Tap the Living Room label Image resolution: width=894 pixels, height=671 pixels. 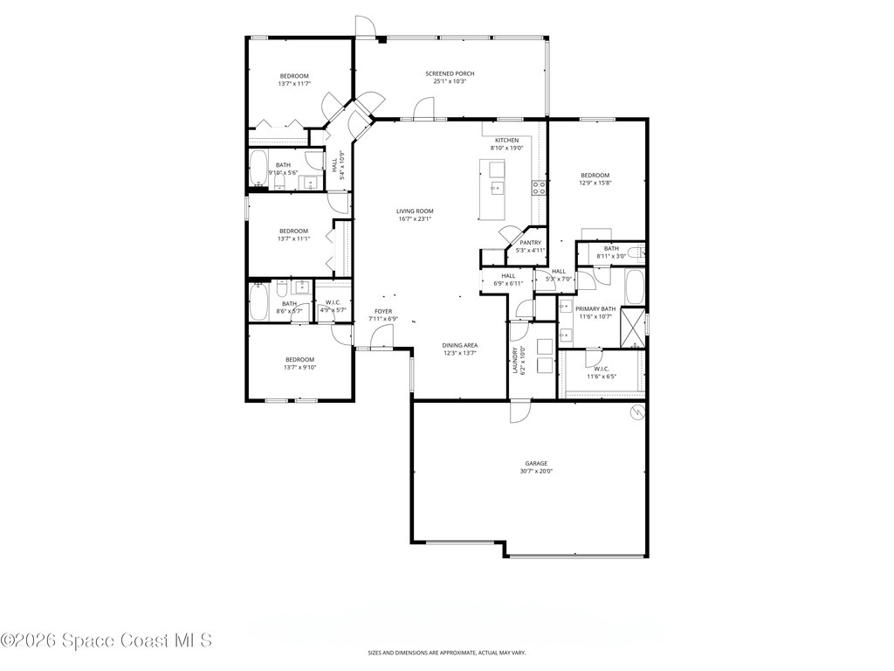pos(415,211)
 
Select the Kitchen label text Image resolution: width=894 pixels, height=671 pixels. pos(506,141)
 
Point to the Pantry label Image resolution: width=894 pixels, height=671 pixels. pos(530,243)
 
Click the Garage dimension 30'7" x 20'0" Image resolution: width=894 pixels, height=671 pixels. pos(536,471)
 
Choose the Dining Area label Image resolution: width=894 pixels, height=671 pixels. pos(459,345)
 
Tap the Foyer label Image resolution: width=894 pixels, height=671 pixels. pos(383,311)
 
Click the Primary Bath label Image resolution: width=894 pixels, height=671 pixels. pos(595,308)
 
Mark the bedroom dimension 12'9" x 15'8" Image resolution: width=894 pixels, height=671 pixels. pos(595,183)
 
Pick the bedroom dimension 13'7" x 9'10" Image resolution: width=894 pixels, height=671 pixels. pos(299,368)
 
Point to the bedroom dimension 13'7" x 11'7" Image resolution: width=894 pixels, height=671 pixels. pos(294,84)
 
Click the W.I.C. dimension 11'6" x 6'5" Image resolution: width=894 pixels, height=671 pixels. pos(601,377)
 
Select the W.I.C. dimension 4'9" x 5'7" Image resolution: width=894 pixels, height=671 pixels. pos(333,310)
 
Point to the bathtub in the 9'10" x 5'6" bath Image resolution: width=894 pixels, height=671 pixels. pos(259,169)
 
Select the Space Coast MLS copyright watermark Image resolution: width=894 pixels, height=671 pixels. pos(107,640)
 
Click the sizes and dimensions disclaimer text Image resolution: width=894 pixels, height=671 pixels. pos(446,653)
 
